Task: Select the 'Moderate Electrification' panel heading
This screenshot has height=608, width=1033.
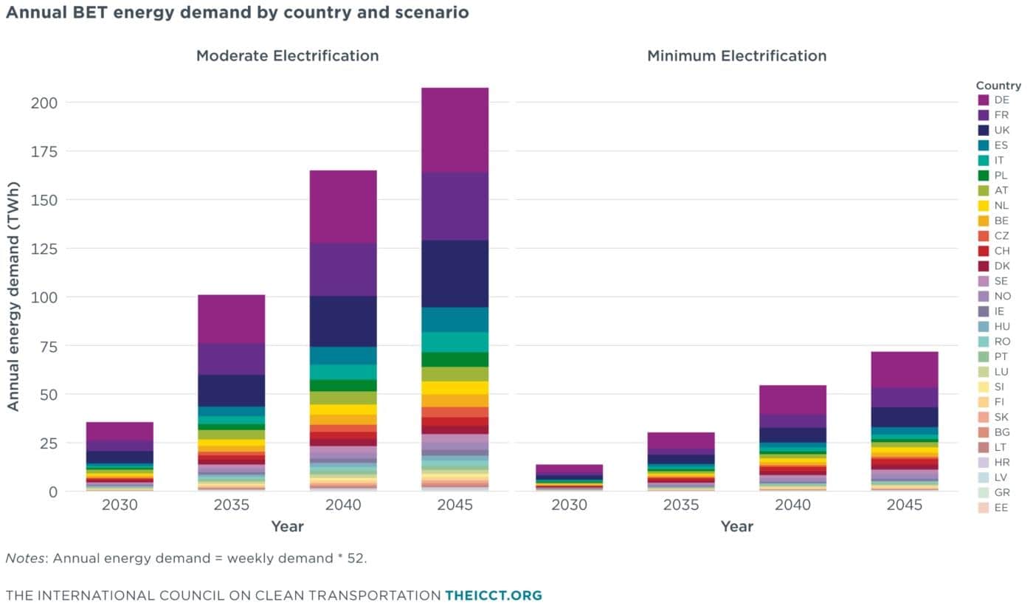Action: point(287,56)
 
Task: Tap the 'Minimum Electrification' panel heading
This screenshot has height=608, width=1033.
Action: point(736,56)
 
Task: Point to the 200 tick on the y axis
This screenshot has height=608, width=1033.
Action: point(44,103)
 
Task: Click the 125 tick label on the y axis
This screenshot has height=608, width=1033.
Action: point(44,249)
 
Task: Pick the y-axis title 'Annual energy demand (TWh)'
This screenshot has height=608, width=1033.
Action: point(13,296)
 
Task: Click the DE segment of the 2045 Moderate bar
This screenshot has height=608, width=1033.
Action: point(455,130)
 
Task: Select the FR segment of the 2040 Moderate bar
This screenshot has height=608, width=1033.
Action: point(343,269)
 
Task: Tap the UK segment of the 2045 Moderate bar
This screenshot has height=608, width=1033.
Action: point(455,274)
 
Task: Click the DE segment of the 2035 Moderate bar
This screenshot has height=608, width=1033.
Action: point(232,319)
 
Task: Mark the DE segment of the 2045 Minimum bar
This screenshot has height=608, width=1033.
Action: point(905,370)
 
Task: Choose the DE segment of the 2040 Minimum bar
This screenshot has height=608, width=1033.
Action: point(792,401)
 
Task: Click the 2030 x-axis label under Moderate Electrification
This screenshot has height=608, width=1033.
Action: point(120,505)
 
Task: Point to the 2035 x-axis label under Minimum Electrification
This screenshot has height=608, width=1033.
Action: point(680,505)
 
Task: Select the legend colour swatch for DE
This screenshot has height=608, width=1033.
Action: point(983,100)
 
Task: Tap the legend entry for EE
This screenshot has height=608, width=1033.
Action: point(993,508)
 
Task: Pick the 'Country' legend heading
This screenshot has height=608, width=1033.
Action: point(998,86)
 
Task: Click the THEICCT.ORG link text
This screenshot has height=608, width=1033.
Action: point(494,595)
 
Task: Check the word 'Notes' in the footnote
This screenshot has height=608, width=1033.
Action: point(25,558)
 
